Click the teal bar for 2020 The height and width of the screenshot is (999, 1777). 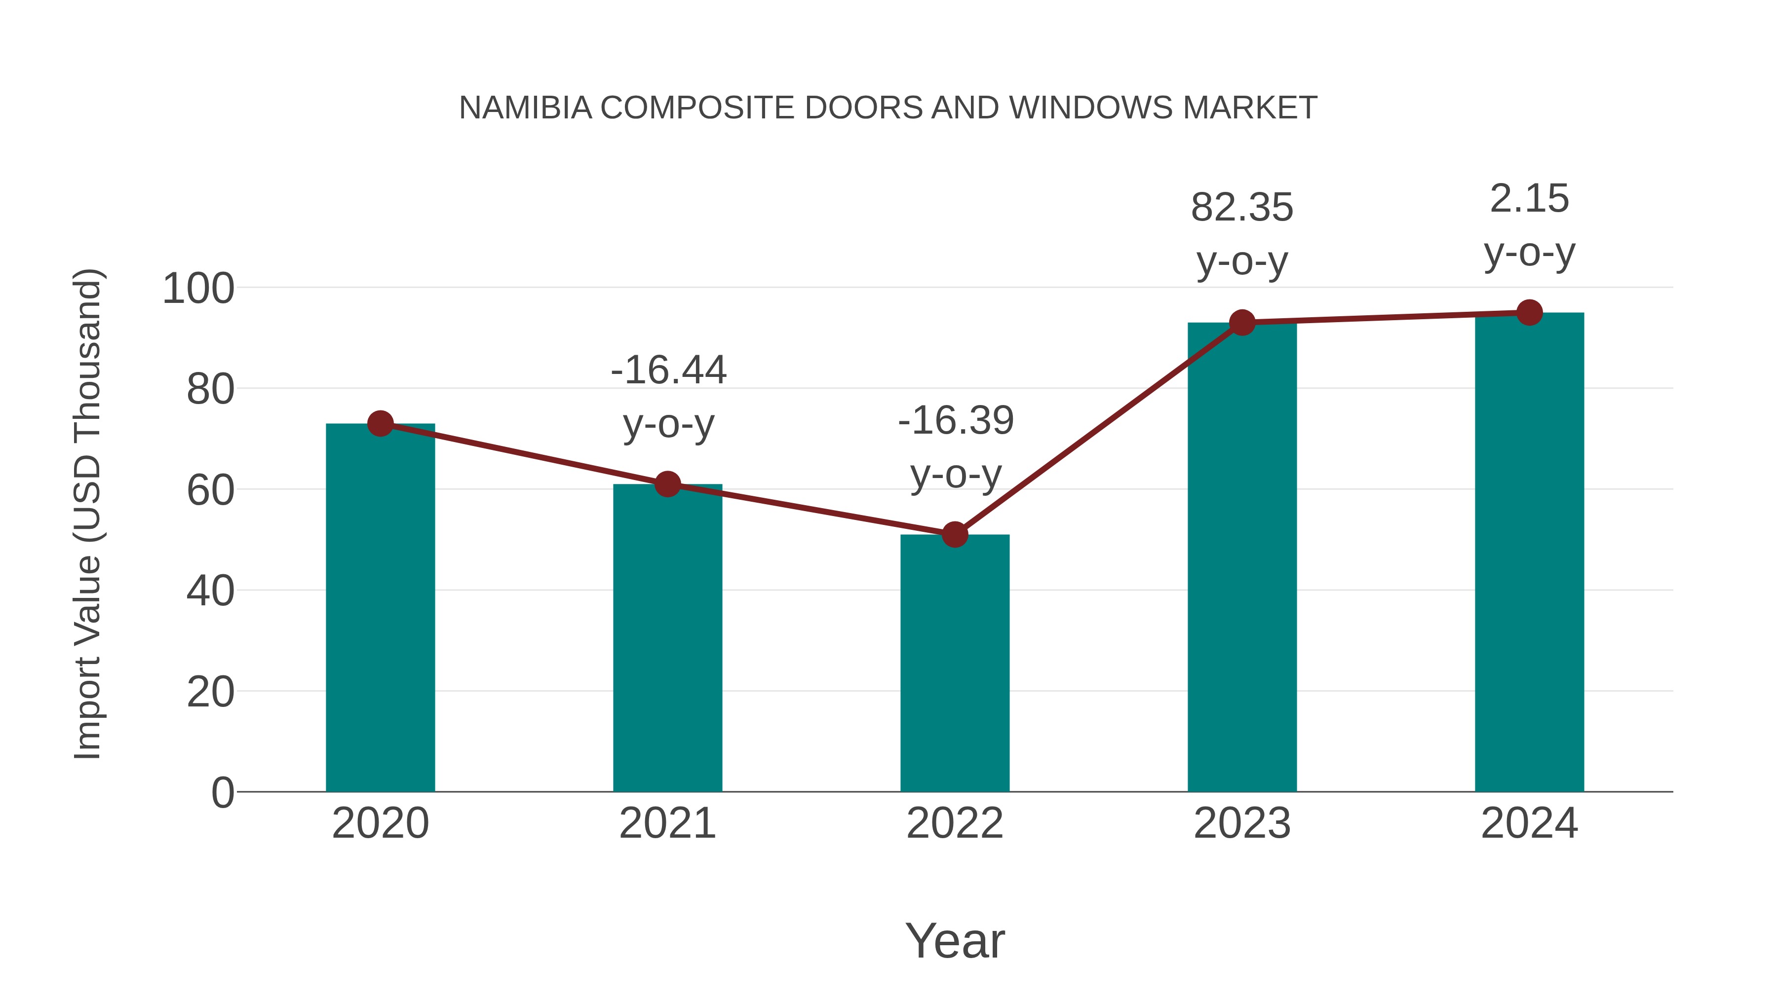(x=380, y=607)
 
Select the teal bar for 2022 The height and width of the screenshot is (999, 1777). (x=955, y=662)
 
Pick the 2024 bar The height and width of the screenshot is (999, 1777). (x=1529, y=552)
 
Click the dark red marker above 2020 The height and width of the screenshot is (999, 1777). (x=380, y=423)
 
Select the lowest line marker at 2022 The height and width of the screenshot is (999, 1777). (x=955, y=534)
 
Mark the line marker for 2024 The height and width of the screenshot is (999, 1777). (x=1529, y=313)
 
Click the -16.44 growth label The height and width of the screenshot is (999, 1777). (x=668, y=370)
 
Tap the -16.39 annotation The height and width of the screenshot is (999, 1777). (x=956, y=420)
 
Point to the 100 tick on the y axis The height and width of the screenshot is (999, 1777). (x=198, y=288)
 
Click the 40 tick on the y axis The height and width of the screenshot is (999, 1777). (x=210, y=591)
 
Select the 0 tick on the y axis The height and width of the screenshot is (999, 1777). (x=222, y=792)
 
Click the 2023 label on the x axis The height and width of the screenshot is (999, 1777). (x=1242, y=823)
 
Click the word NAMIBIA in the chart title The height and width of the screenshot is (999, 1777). (x=525, y=108)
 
